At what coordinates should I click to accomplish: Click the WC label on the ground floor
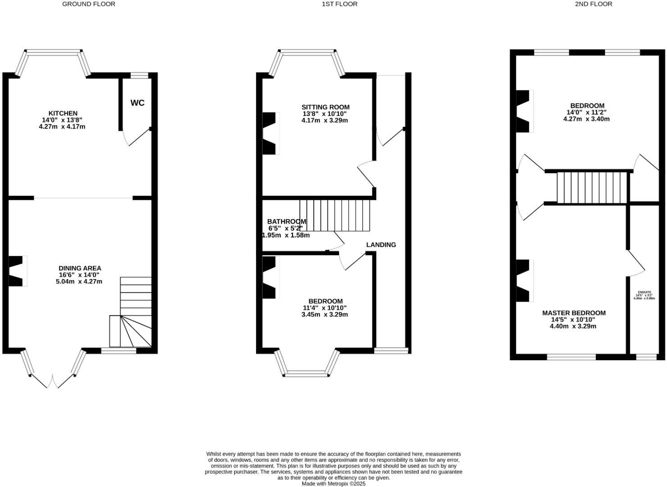137,103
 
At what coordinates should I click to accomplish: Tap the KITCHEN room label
63,113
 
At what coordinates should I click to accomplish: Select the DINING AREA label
80,268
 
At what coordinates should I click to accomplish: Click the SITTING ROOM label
325,107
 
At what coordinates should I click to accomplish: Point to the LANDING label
381,245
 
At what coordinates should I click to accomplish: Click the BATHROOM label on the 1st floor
286,221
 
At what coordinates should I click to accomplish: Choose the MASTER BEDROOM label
574,313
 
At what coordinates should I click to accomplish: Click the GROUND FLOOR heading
88,4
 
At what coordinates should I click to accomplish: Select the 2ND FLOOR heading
593,4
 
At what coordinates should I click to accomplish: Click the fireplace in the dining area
17,271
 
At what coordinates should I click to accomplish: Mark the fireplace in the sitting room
270,133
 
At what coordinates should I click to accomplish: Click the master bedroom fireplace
524,280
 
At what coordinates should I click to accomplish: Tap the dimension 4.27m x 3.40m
586,119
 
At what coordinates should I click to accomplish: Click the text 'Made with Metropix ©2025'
333,484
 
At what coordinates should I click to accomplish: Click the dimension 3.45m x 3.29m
324,315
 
